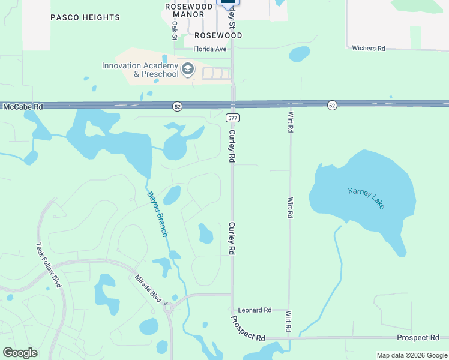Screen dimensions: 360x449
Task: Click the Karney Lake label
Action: click(x=366, y=199)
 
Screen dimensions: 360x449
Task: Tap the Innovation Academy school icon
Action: click(x=188, y=70)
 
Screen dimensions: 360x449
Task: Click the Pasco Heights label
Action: click(x=85, y=17)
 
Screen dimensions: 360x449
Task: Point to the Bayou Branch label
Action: click(x=157, y=213)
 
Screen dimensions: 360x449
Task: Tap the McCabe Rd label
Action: click(x=23, y=106)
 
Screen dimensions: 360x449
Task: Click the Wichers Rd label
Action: click(x=369, y=48)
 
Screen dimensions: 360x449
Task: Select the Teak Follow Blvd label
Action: click(x=49, y=265)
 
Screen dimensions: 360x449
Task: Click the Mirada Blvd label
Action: click(x=149, y=287)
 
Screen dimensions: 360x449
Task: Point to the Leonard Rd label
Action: click(x=255, y=310)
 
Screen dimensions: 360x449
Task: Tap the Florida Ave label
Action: click(x=210, y=49)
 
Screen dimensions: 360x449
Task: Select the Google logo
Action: click(x=20, y=353)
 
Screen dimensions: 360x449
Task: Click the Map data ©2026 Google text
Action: click(x=411, y=355)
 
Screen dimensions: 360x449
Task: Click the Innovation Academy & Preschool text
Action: click(x=140, y=70)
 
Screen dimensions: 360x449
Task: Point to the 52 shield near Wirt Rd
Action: click(x=332, y=106)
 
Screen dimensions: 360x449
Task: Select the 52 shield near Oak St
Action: click(x=176, y=106)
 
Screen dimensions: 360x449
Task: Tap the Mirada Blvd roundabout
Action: click(x=167, y=307)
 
